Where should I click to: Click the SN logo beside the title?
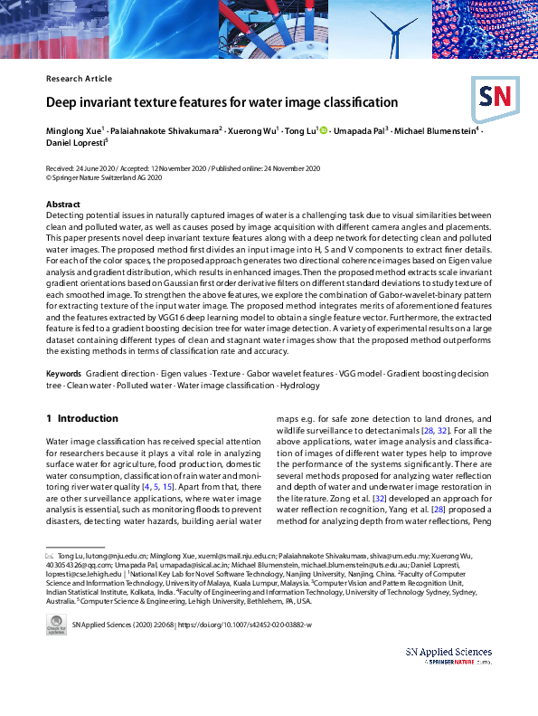tap(494, 96)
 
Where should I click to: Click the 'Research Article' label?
tap(79, 79)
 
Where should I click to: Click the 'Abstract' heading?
tap(62, 205)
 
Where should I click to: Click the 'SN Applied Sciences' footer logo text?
tap(448, 652)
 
